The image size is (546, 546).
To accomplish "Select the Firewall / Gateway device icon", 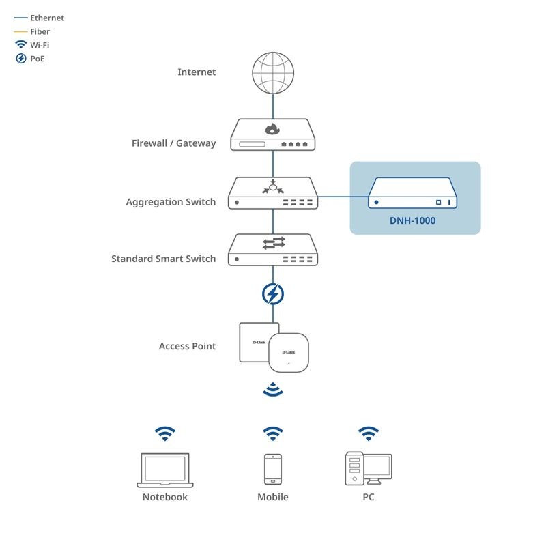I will pyautogui.click(x=273, y=135).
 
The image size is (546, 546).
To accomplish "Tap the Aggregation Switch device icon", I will pyautogui.click(x=273, y=193).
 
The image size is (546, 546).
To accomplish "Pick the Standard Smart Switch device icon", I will pyautogui.click(x=273, y=250).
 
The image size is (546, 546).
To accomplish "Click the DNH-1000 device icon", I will pyautogui.click(x=413, y=193).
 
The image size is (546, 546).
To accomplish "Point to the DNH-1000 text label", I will pyautogui.click(x=413, y=220).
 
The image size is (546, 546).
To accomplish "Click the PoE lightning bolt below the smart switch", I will pyautogui.click(x=273, y=294).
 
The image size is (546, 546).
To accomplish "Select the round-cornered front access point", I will pyautogui.click(x=289, y=352).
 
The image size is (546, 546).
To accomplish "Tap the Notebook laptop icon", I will pyautogui.click(x=164, y=470).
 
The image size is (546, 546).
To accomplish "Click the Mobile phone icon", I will pyautogui.click(x=273, y=469).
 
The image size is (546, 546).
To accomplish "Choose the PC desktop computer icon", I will pyautogui.click(x=368, y=469).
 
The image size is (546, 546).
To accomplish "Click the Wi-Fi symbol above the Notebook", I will pyautogui.click(x=164, y=433).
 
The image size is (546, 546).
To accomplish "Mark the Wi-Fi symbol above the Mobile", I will pyautogui.click(x=273, y=433).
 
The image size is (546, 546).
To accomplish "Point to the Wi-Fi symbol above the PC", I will pyautogui.click(x=369, y=433).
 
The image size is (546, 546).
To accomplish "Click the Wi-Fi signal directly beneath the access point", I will pyautogui.click(x=273, y=390).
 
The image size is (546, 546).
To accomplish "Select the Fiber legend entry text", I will pyautogui.click(x=40, y=31).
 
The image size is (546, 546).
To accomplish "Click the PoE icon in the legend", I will pyautogui.click(x=20, y=59).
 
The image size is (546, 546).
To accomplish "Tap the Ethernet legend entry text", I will pyautogui.click(x=46, y=18).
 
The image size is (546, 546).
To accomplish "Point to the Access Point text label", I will pyautogui.click(x=187, y=346).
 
